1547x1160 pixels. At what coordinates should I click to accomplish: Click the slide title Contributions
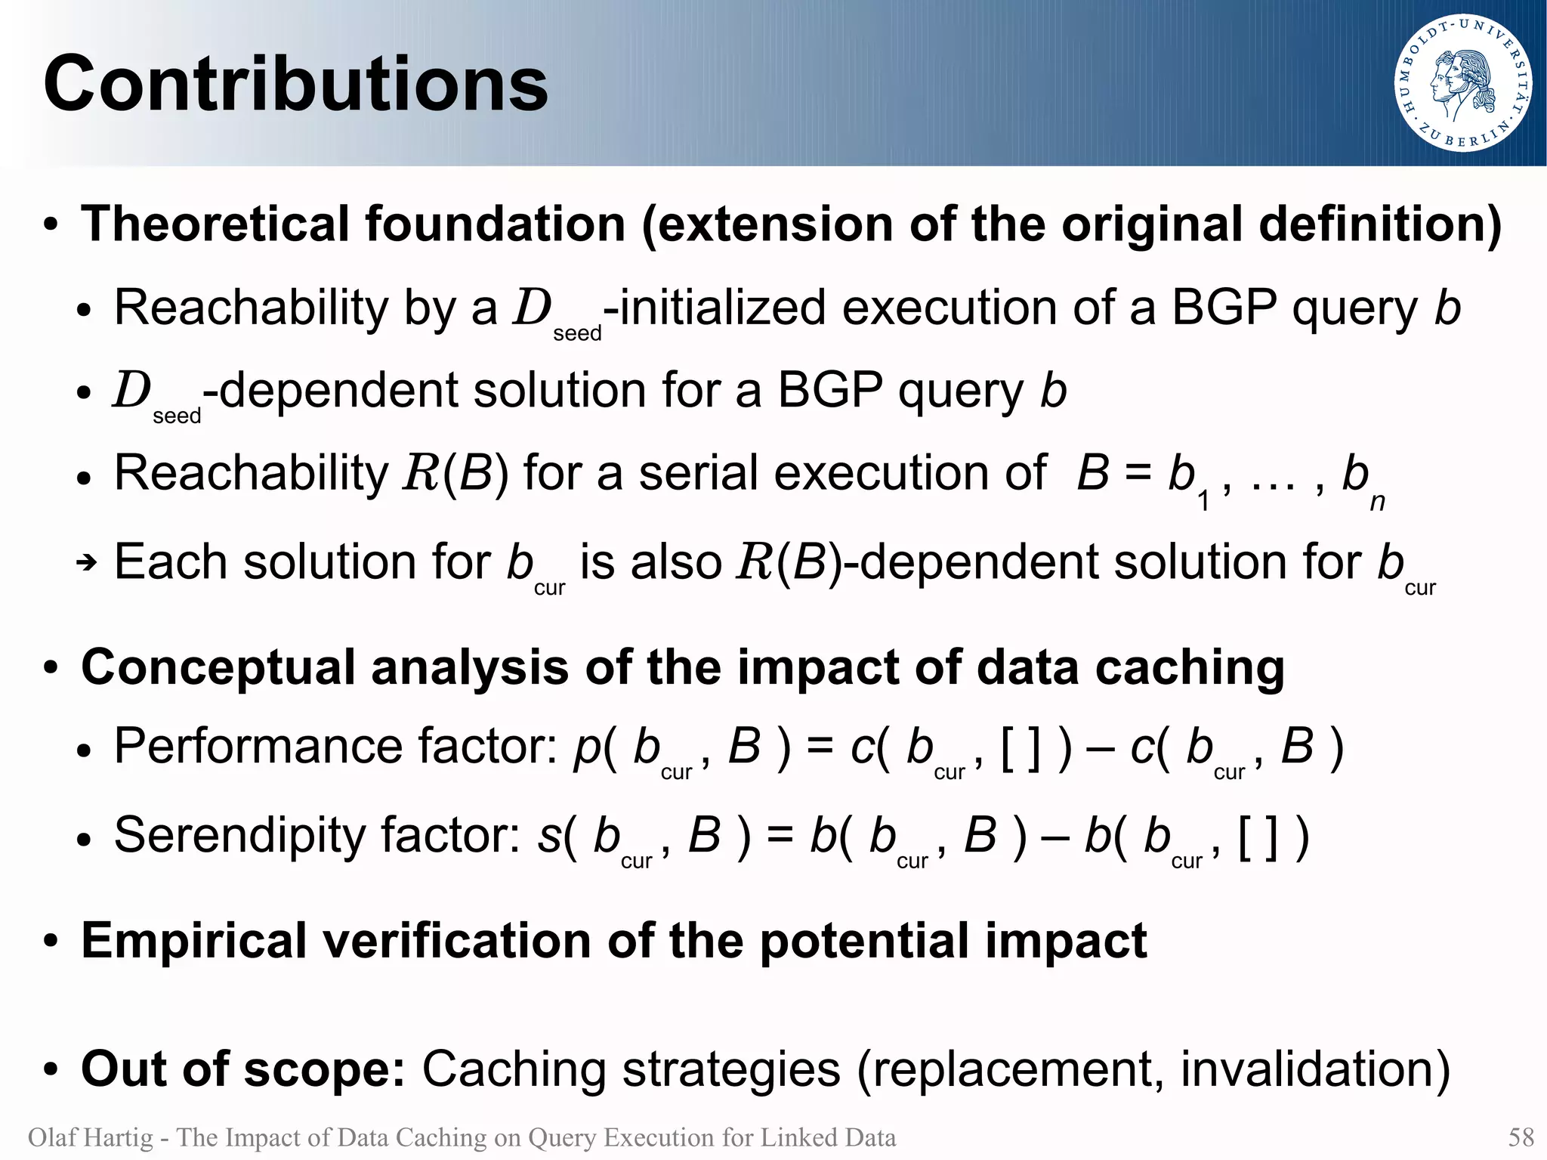tap(295, 84)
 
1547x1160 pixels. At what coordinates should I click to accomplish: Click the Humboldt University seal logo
tap(1462, 84)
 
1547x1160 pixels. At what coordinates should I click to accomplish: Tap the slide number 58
tap(1521, 1137)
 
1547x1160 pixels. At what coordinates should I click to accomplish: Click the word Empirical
tap(193, 942)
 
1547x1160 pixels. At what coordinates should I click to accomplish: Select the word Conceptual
tap(218, 668)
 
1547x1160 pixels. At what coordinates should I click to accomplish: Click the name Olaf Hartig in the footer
tap(90, 1137)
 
